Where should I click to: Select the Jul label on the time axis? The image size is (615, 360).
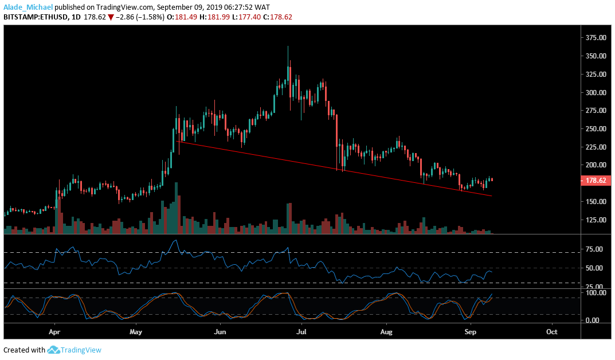(301, 331)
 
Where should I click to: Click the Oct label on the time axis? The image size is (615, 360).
(552, 331)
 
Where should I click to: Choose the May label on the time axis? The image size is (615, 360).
(136, 331)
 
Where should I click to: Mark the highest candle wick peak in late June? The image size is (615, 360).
(288, 47)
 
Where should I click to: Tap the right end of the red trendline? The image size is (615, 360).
(491, 195)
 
